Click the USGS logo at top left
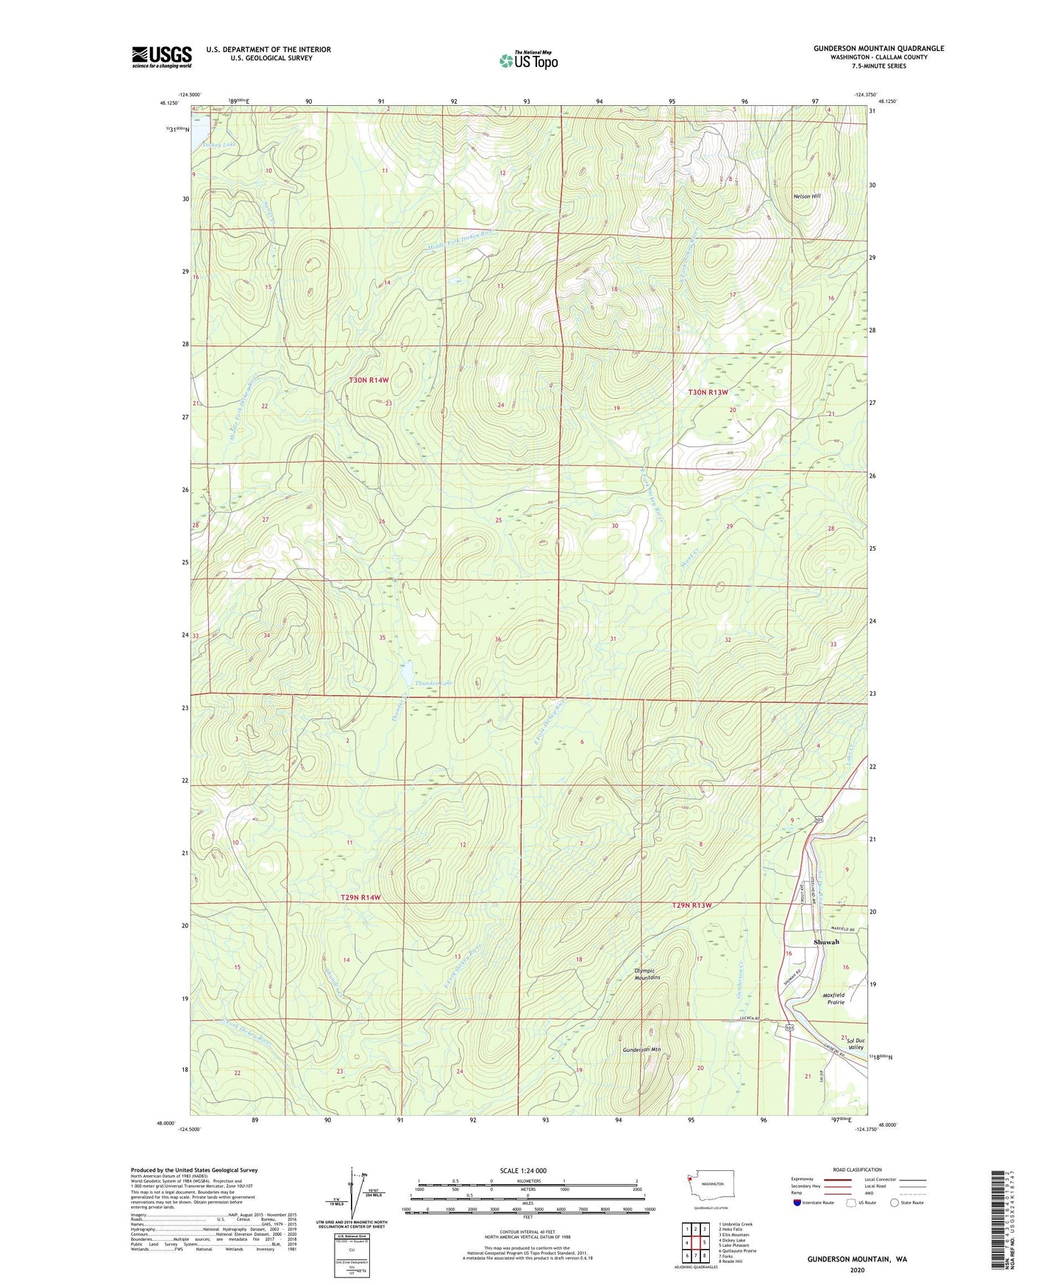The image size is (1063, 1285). point(161,57)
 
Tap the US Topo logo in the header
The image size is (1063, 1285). point(528,60)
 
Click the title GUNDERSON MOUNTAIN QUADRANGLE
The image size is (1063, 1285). point(878,49)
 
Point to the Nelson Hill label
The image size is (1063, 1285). point(806,197)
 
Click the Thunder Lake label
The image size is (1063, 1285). point(433,683)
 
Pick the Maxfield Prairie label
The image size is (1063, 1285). point(833,999)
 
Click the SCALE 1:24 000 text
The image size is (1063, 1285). point(522,1170)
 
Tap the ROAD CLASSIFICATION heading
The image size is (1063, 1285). point(857,1169)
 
